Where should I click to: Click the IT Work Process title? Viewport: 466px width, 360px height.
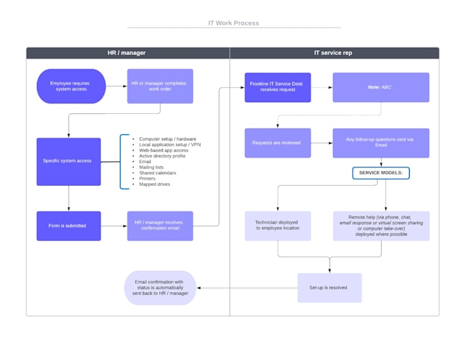click(233, 23)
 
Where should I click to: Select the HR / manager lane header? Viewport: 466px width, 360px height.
click(127, 53)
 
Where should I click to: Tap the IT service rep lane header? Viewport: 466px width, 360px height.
click(333, 53)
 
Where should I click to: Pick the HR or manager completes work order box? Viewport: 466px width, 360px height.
click(160, 86)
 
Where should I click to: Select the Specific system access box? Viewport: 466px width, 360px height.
click(69, 161)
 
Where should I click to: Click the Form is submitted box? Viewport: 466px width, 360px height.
click(69, 226)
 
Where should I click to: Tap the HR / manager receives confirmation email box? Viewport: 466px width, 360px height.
click(160, 226)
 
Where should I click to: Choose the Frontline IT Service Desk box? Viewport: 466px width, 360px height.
click(278, 87)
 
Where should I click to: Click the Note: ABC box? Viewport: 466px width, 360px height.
click(381, 87)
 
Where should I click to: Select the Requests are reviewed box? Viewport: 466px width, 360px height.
click(278, 143)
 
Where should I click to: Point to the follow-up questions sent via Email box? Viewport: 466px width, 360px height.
click(381, 143)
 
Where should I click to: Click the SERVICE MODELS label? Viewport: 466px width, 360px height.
click(381, 173)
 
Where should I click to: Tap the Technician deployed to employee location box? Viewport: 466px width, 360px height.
click(278, 226)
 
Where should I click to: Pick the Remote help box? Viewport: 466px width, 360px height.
click(381, 226)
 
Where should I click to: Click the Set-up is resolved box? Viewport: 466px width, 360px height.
click(330, 288)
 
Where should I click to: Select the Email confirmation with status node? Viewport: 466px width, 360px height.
click(160, 288)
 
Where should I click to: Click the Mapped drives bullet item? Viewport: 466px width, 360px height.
click(155, 184)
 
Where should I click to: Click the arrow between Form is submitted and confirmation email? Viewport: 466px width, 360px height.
click(114, 226)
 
